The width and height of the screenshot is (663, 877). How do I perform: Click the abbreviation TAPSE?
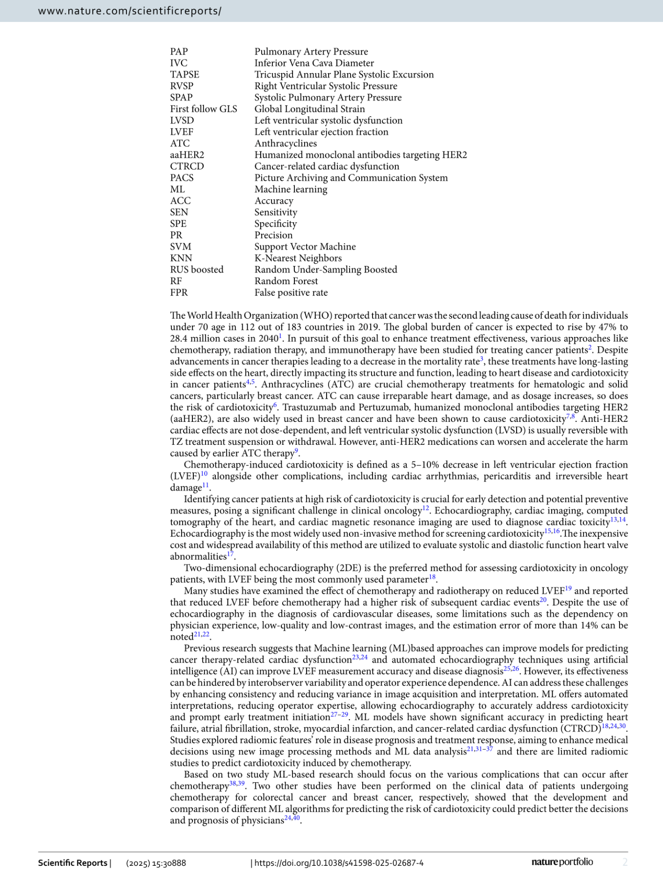(x=185, y=75)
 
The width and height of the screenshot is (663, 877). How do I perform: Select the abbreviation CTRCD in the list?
(x=187, y=167)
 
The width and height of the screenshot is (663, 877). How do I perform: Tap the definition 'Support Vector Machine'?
(x=305, y=247)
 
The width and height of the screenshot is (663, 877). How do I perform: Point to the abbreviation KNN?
(x=181, y=258)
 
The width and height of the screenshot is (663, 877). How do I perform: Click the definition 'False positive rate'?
(x=291, y=292)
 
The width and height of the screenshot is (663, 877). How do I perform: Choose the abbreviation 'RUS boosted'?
(x=197, y=270)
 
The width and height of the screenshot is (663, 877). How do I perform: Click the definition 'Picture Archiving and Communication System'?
(x=351, y=178)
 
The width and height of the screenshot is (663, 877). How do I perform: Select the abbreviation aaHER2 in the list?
(x=187, y=155)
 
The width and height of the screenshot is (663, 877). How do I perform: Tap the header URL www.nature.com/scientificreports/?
(x=129, y=11)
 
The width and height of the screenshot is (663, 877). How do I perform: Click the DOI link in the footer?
(x=339, y=863)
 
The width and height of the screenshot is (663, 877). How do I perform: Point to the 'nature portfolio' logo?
(x=562, y=862)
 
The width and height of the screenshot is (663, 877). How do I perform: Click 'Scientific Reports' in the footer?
(x=73, y=863)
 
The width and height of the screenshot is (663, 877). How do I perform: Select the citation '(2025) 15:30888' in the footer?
(x=156, y=863)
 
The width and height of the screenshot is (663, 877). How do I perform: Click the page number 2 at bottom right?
(x=625, y=862)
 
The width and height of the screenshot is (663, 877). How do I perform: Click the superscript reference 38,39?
(x=237, y=784)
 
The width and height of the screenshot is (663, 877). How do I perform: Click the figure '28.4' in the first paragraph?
(x=179, y=338)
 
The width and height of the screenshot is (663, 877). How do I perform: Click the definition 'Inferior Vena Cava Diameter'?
(x=314, y=63)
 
